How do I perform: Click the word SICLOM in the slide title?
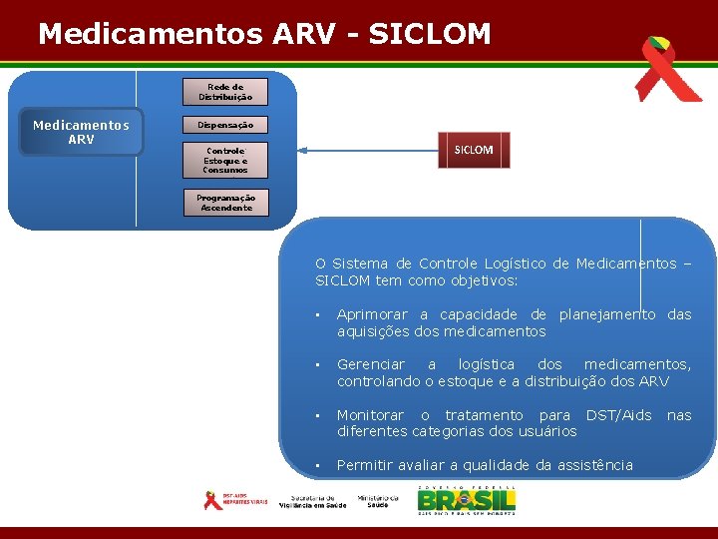tap(429, 34)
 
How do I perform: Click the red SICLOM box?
tap(474, 150)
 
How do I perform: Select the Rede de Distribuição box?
tap(225, 92)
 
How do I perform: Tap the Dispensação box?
tap(225, 126)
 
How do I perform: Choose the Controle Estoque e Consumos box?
tap(225, 160)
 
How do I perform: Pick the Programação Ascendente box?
tap(225, 203)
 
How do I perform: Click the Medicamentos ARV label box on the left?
tap(81, 132)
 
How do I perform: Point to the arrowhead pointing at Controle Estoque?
tap(303, 151)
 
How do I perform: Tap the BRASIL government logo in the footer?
tap(467, 499)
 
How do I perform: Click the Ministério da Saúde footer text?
tap(378, 501)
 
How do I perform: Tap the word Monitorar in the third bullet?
tap(370, 414)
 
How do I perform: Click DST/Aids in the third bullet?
tap(618, 414)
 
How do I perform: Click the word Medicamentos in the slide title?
tap(152, 34)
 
